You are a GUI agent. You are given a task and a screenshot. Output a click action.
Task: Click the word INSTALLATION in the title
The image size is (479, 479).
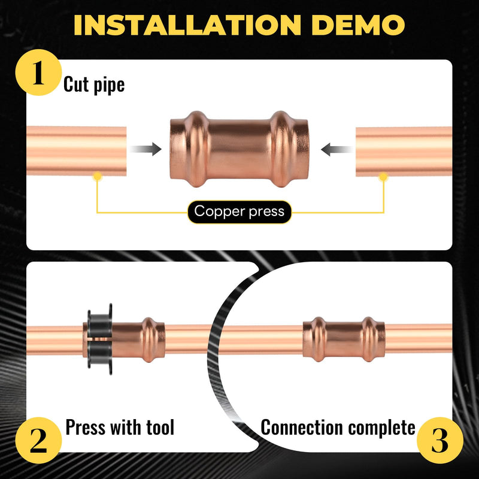coord(187,25)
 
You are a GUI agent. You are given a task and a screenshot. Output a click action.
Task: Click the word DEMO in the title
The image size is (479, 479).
coord(358,25)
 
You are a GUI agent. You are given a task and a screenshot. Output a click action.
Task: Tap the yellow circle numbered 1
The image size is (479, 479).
coord(38,72)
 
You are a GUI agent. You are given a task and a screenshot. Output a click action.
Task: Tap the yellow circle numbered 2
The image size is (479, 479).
coord(38,440)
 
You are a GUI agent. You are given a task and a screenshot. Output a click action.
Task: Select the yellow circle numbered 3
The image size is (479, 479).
coord(440,440)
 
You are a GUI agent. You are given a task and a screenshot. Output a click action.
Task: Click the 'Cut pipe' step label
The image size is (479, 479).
coord(94,84)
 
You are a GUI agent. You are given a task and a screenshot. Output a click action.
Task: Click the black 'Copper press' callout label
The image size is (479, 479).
coord(239,212)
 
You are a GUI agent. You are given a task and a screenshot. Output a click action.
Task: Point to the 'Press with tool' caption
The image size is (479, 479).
coord(120,427)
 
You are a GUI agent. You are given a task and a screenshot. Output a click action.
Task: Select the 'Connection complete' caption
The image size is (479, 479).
coord(338,428)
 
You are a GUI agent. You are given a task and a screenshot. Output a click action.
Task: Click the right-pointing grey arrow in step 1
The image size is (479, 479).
coord(145,149)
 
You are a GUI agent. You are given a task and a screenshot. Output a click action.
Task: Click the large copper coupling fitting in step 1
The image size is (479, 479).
coord(239,148)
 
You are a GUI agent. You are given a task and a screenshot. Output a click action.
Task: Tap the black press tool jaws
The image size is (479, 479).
coord(100,339)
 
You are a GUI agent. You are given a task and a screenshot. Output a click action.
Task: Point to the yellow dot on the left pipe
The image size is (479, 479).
coord(98,176)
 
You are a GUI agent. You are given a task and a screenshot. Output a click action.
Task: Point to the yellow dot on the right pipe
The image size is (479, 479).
coord(383,177)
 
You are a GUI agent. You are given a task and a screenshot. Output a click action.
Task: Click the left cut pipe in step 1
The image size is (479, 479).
coord(77,151)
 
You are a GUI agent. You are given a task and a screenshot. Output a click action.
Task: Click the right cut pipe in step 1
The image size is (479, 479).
coord(404,151)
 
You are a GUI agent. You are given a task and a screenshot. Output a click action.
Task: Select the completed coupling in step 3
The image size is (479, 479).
coord(344,339)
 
